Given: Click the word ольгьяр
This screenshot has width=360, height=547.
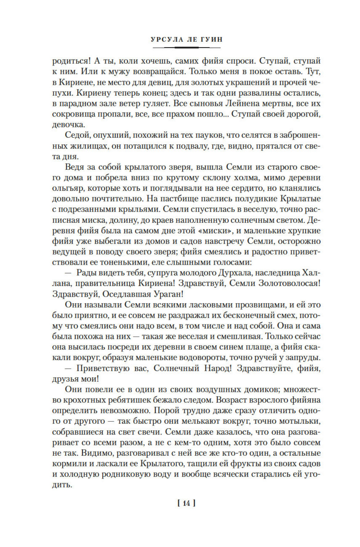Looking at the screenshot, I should point(66,188).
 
